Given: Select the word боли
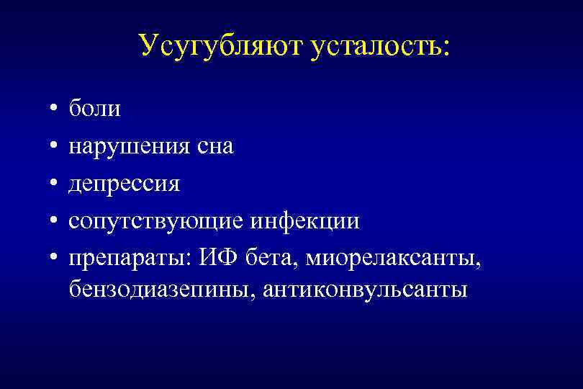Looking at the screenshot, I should (95, 109).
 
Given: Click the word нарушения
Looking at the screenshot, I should (129, 147).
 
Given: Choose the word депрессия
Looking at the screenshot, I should (125, 184).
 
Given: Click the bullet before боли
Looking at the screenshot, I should (55, 110).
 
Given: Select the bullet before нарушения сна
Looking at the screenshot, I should (55, 148).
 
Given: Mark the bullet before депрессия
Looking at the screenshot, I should (55, 185).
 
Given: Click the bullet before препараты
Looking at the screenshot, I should (55, 259).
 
